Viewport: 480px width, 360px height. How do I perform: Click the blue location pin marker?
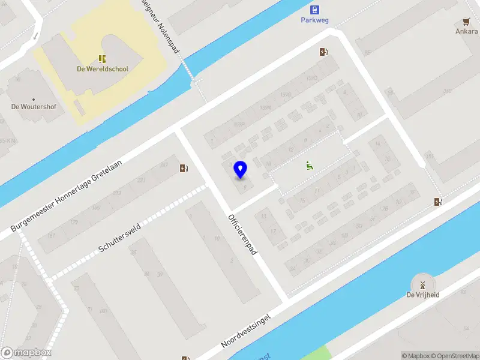[241, 170]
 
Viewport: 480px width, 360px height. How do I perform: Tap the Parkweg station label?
[314, 19]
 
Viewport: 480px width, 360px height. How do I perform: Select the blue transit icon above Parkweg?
[314, 9]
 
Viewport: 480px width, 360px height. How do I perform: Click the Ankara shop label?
[466, 31]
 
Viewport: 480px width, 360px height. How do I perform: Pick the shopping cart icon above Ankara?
[467, 21]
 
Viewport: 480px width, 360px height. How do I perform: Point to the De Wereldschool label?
[103, 69]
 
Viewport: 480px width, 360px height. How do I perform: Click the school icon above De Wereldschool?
[103, 59]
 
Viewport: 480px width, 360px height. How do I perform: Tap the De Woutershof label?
[33, 107]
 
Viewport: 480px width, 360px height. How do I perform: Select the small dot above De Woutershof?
[33, 99]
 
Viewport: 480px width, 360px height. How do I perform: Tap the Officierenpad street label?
[242, 234]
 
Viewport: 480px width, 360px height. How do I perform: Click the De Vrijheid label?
[422, 295]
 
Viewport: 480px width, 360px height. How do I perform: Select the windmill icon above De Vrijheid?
[422, 284]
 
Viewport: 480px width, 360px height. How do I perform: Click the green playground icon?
[310, 166]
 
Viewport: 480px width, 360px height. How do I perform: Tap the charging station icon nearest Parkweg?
[324, 52]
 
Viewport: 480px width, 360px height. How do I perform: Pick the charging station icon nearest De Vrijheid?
[439, 202]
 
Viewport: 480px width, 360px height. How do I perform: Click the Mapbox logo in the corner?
[26, 353]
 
